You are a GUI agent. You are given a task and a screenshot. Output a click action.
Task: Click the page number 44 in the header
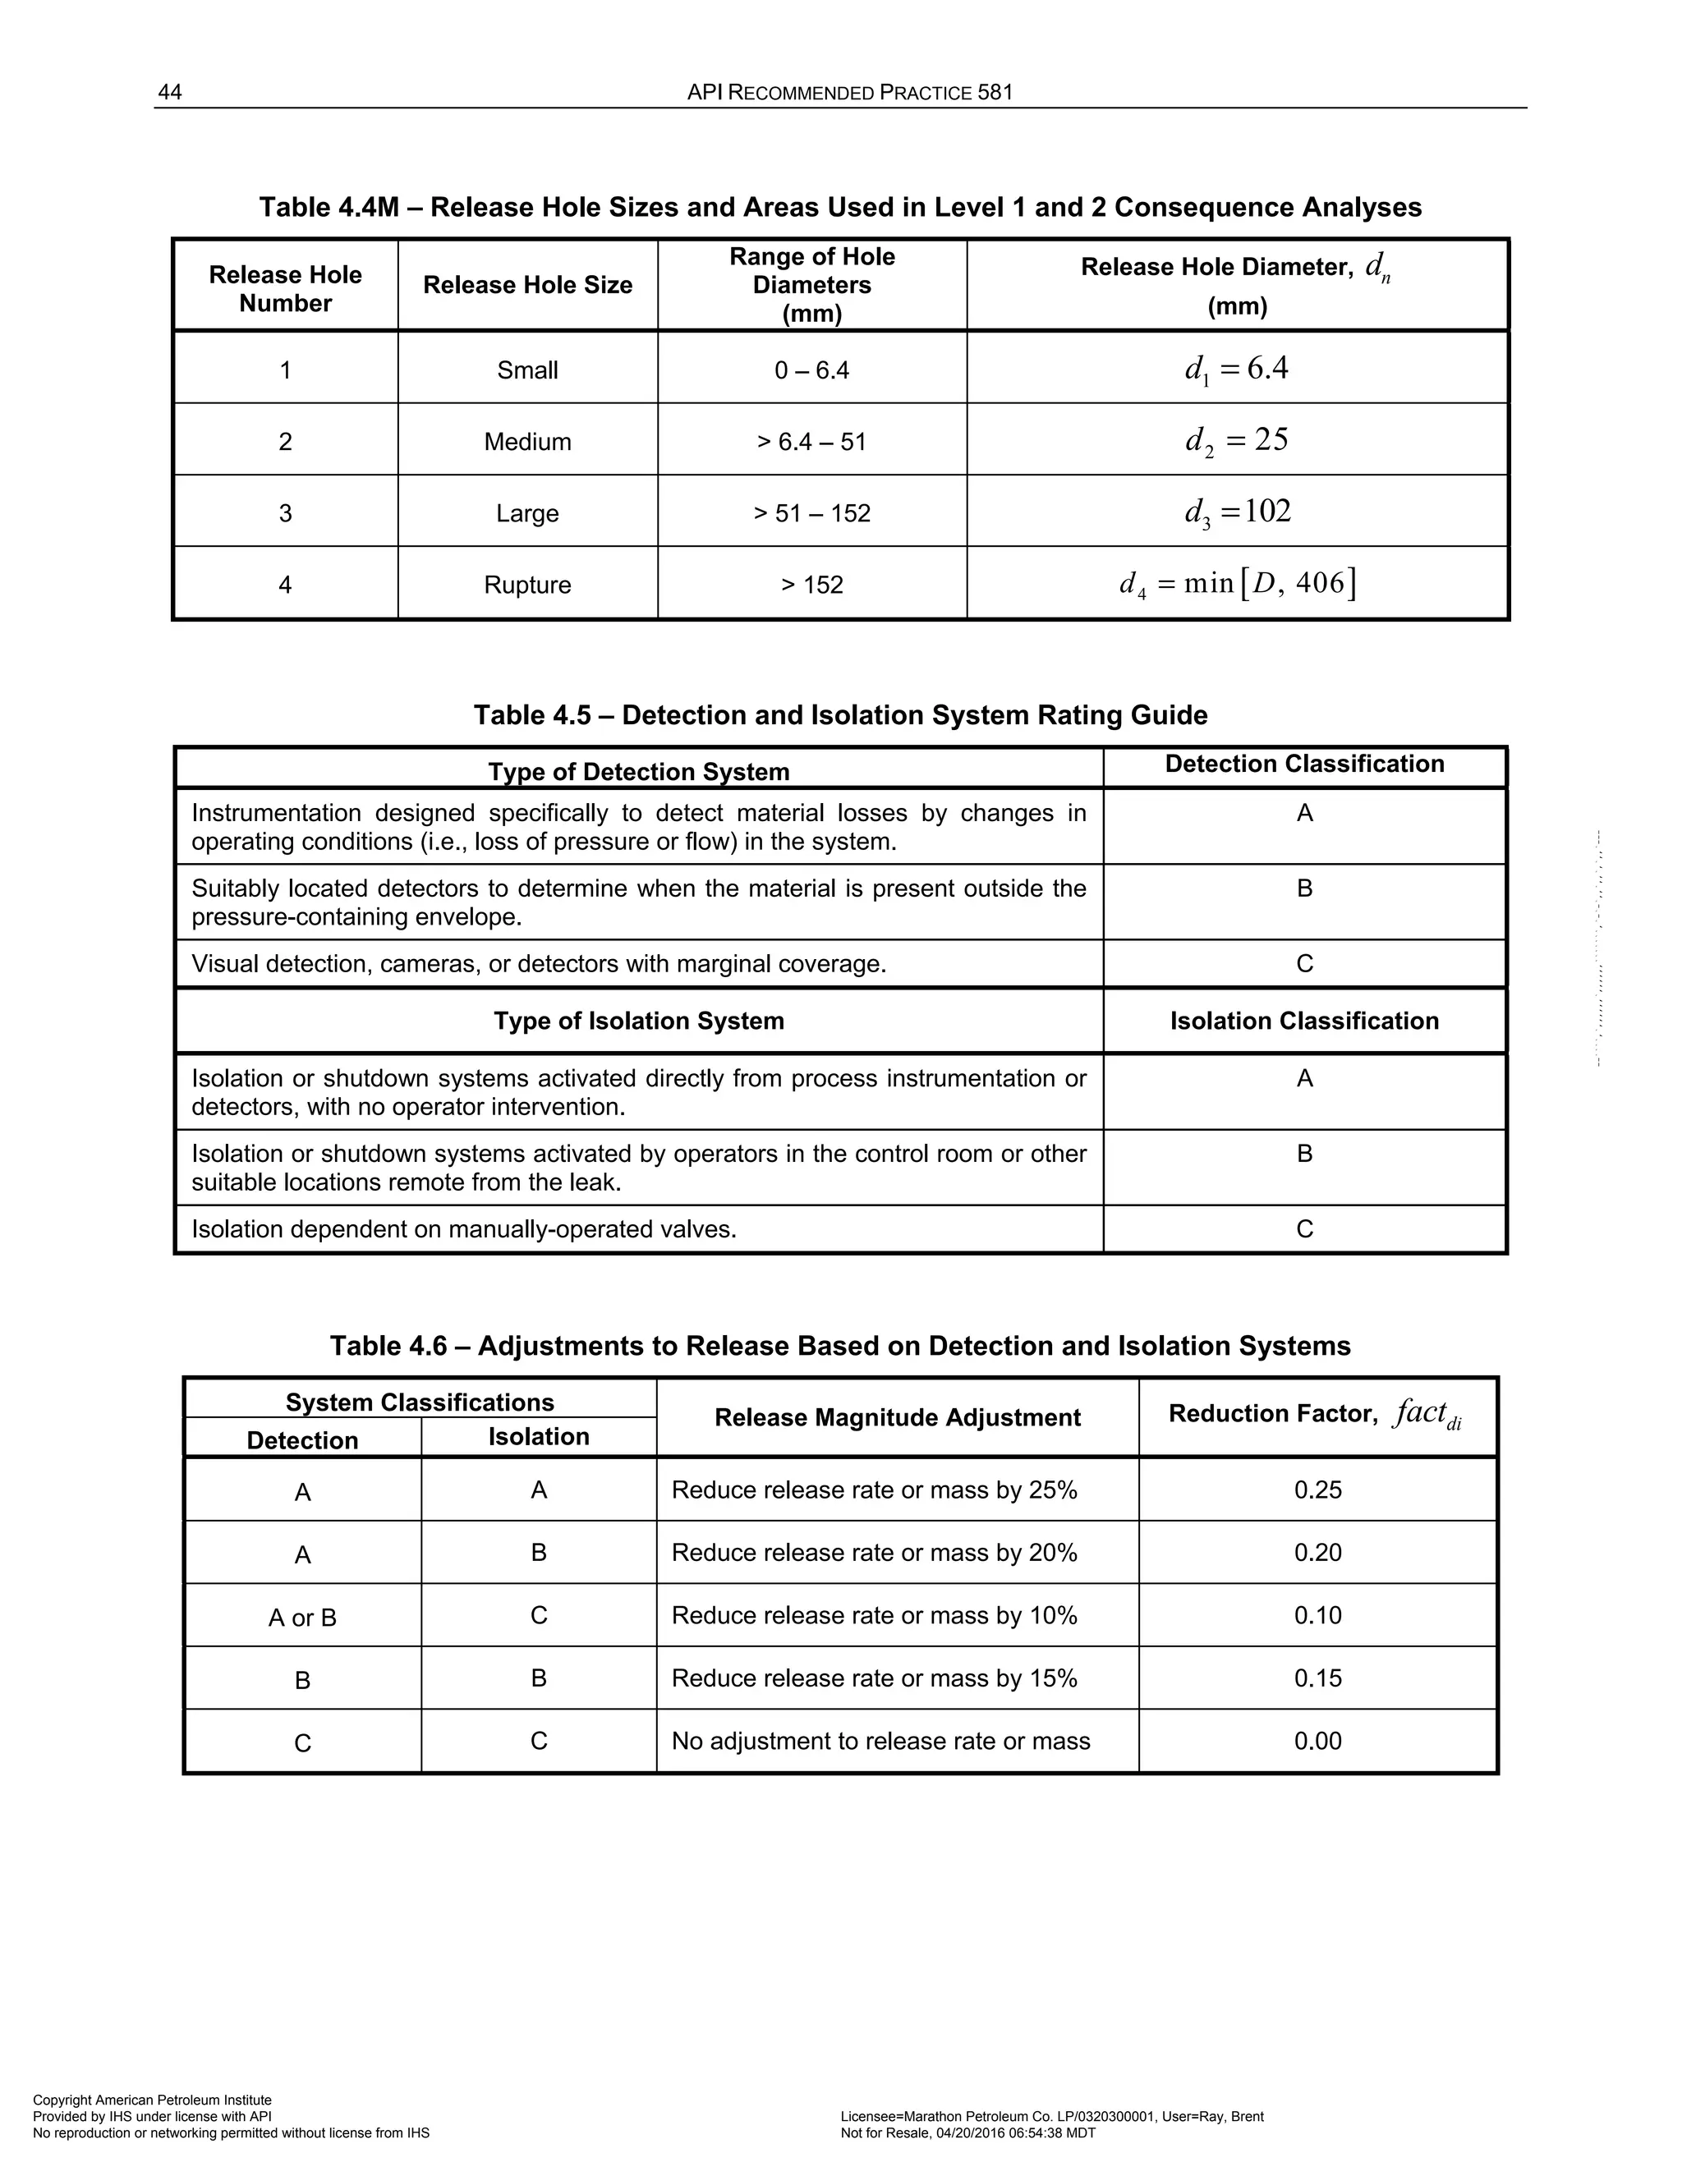[x=169, y=93]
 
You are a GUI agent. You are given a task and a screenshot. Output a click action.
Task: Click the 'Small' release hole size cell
[x=527, y=370]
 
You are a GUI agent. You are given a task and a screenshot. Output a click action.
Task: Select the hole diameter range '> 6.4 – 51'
[x=811, y=442]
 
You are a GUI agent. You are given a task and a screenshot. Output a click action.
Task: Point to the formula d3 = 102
[x=1237, y=512]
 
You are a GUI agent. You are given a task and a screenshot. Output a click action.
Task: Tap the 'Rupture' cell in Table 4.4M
[x=527, y=585]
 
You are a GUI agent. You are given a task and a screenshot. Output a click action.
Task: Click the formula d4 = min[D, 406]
[x=1237, y=583]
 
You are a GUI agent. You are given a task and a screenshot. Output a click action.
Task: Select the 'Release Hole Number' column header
[x=285, y=289]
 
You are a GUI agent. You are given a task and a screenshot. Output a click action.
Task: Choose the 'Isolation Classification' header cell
[x=1303, y=1021]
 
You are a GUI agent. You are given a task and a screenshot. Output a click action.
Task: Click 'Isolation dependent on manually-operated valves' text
[x=463, y=1229]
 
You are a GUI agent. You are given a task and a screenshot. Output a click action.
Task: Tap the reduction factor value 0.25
[x=1317, y=1490]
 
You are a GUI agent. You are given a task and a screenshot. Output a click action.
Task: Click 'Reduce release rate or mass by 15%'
[x=874, y=1679]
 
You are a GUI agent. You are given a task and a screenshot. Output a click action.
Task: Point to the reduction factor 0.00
[x=1317, y=1742]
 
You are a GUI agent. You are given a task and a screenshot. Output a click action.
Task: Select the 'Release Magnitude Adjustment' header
[x=897, y=1418]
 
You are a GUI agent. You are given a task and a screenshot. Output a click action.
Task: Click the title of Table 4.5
[x=840, y=715]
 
